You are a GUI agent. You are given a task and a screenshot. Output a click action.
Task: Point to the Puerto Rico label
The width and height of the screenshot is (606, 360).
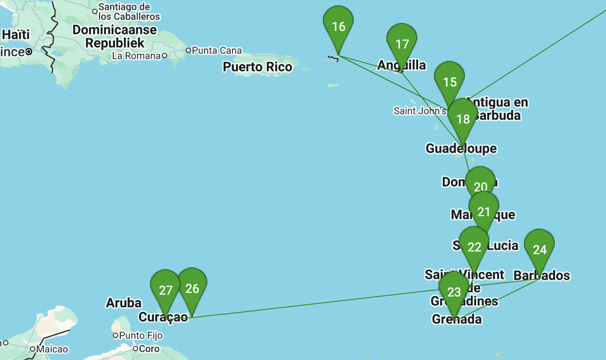tap(258, 67)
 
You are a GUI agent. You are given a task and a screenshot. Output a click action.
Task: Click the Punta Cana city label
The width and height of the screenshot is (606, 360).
tap(217, 50)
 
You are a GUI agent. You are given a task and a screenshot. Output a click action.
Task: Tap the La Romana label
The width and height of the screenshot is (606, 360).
tap(136, 56)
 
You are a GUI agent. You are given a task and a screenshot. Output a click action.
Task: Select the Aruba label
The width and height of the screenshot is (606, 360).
tap(123, 303)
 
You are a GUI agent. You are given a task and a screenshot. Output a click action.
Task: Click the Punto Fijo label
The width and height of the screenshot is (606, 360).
tap(141, 336)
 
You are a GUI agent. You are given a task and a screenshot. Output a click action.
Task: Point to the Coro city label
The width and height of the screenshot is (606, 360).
tap(149, 349)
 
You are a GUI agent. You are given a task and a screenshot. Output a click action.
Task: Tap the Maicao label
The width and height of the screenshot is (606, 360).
tap(52, 349)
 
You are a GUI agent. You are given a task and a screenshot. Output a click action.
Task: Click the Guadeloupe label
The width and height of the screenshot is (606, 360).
tap(461, 149)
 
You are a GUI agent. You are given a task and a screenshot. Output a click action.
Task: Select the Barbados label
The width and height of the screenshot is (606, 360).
tap(542, 275)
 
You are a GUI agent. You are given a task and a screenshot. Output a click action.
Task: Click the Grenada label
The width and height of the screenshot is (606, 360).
tap(456, 319)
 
